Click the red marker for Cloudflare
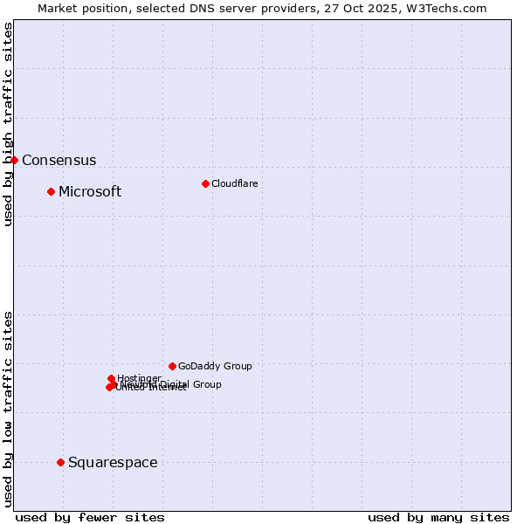tap(205, 183)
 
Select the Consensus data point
tap(14, 160)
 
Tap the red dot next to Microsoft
tap(51, 191)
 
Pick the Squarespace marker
tap(60, 462)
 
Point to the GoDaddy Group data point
tap(172, 366)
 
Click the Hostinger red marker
tap(111, 378)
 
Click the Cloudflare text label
tap(234, 183)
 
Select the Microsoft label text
tap(90, 192)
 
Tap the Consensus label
tap(59, 161)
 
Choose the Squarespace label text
tap(113, 463)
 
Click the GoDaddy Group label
tap(215, 367)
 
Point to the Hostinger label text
tap(139, 378)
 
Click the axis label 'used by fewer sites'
tap(90, 517)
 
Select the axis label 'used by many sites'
tap(438, 517)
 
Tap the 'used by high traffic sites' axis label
tap(9, 124)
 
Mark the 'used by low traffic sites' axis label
tap(9, 408)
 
